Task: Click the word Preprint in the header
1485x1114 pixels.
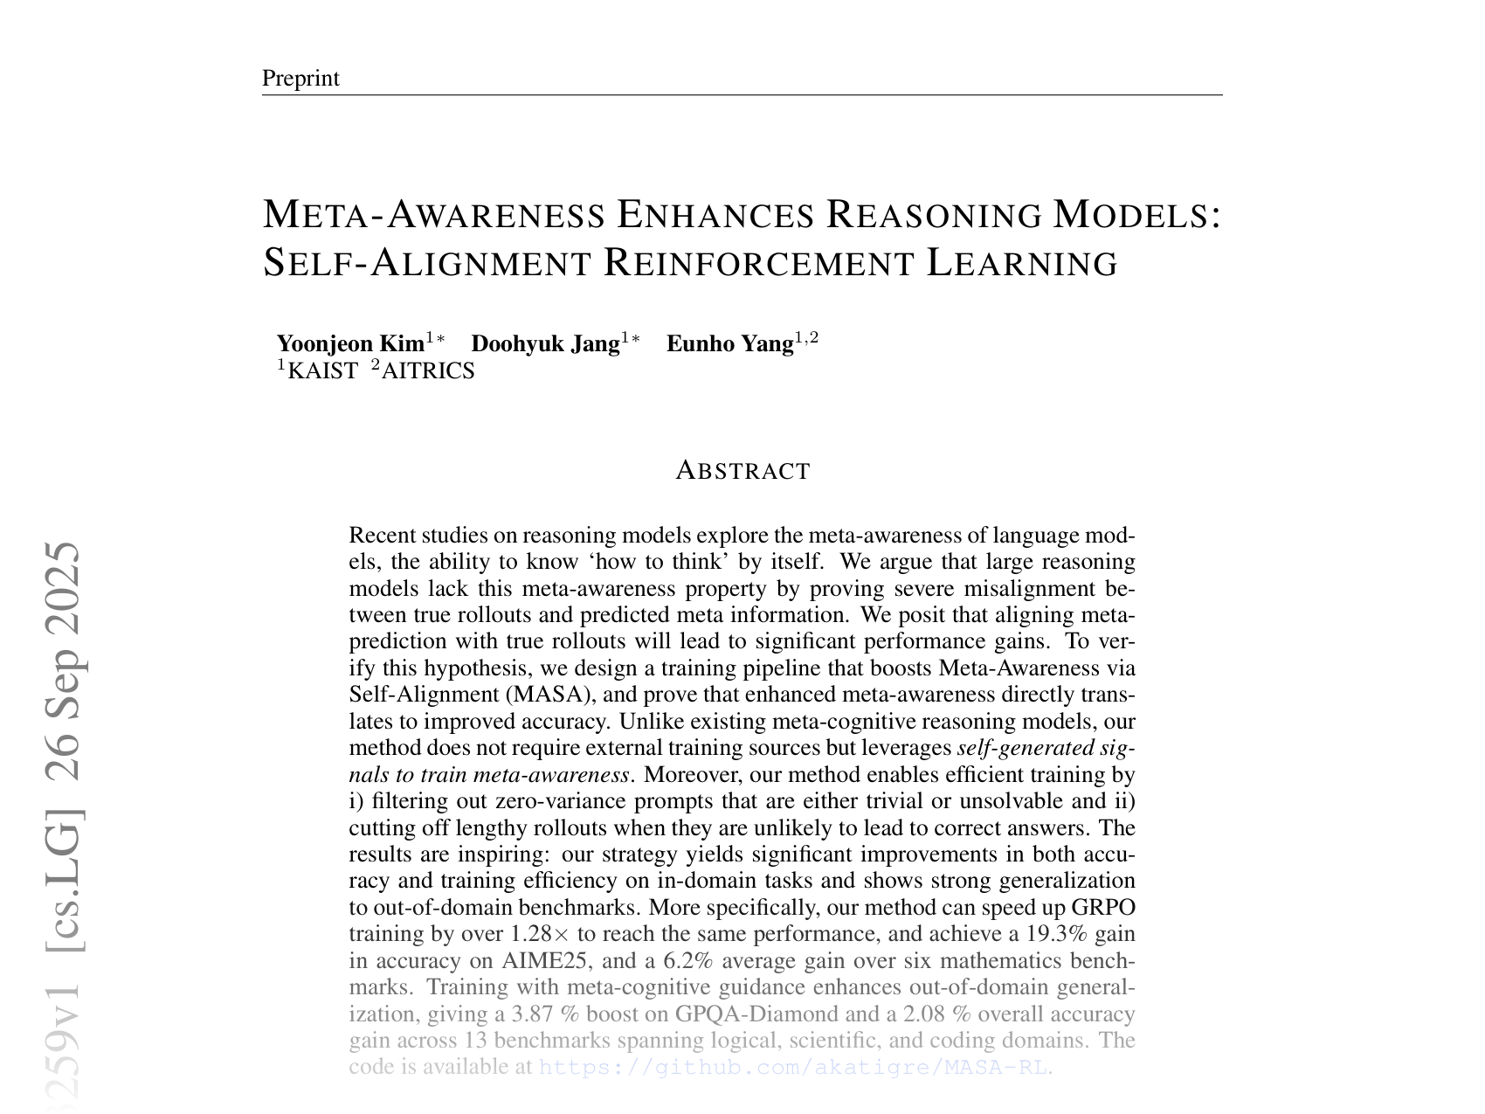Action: (x=300, y=79)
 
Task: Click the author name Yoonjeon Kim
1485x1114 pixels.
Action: (x=350, y=344)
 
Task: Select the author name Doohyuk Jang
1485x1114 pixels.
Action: (x=545, y=344)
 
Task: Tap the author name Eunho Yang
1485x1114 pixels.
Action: (x=729, y=344)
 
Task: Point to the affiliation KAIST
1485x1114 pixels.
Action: (x=322, y=371)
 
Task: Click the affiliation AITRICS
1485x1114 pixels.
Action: (x=428, y=371)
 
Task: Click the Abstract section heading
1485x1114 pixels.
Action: (x=742, y=471)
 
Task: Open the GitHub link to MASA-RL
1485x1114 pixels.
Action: (x=792, y=1068)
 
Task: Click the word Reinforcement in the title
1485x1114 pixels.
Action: (x=758, y=263)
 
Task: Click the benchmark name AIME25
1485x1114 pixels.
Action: (x=538, y=961)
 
